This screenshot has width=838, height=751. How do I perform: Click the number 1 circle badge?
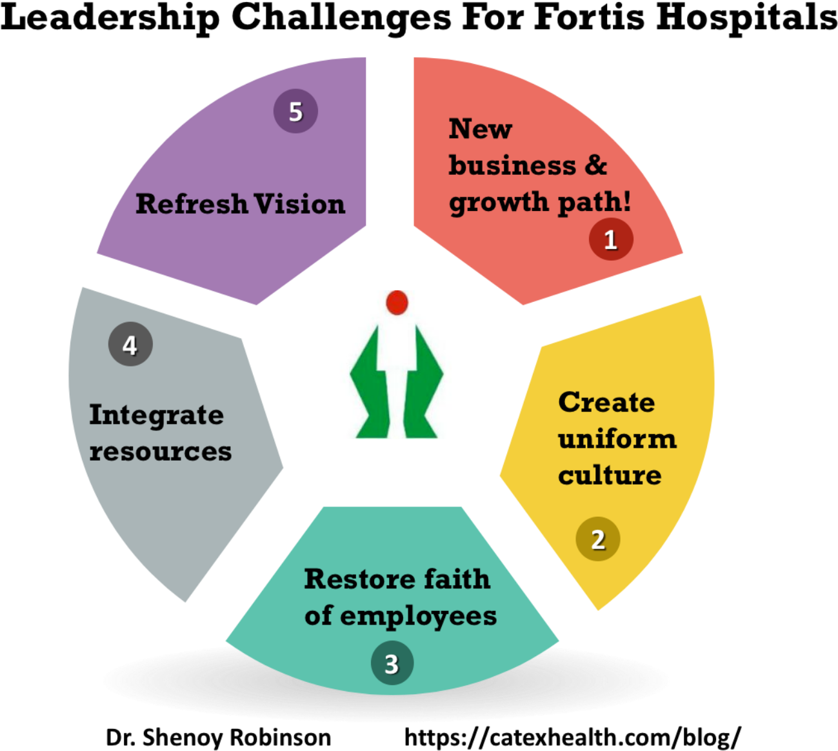point(611,239)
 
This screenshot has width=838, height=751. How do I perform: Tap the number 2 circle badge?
point(598,539)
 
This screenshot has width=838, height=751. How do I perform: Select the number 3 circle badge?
point(392,663)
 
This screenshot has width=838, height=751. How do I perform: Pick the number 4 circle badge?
point(130,345)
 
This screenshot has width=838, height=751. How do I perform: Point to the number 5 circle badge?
point(295,112)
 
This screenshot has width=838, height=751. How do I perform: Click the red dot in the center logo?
point(397,302)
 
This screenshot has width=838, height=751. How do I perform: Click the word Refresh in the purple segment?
point(192,204)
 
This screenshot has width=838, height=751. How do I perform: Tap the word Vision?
point(299,204)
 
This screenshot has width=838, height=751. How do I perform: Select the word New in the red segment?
point(480,129)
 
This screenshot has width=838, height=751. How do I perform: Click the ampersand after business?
point(596,165)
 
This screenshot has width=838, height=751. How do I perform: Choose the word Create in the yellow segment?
point(606,402)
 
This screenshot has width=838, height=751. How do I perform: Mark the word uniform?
point(617,439)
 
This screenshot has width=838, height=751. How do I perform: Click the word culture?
point(610,476)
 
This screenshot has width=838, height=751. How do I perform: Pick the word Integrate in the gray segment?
point(157,415)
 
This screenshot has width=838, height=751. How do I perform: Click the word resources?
point(161,452)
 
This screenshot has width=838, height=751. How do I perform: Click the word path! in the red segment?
point(594,203)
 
